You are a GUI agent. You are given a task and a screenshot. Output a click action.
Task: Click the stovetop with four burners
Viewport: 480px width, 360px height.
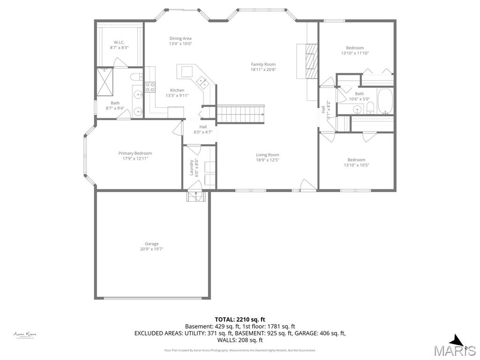click(150, 87)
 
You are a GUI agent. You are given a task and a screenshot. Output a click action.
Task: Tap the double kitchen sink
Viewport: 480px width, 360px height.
click(203, 82)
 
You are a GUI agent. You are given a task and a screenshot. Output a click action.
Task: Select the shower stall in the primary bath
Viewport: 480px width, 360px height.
click(105, 82)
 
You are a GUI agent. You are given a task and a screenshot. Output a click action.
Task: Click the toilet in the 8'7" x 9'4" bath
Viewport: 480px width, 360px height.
click(135, 77)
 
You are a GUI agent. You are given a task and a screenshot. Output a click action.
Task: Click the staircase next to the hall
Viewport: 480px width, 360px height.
click(240, 113)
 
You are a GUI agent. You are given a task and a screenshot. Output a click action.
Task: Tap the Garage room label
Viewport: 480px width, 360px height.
click(151, 244)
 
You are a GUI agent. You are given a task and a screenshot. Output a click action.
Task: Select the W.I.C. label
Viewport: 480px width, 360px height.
click(119, 42)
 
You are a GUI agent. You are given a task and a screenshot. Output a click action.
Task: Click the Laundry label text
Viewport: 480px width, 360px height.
click(191, 167)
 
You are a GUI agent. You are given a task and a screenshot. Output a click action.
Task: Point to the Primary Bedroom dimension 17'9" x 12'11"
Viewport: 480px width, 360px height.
click(135, 158)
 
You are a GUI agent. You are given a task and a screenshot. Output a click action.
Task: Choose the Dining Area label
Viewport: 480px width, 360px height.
click(180, 38)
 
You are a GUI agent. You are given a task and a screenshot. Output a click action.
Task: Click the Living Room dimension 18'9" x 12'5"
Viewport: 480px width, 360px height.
click(267, 160)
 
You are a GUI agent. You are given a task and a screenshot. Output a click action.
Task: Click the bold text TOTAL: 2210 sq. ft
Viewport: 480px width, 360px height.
click(240, 319)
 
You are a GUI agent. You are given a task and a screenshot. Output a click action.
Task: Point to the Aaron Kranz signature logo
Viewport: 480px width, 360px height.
click(25, 335)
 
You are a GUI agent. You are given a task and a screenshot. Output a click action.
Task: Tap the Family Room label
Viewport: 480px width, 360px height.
click(263, 64)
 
